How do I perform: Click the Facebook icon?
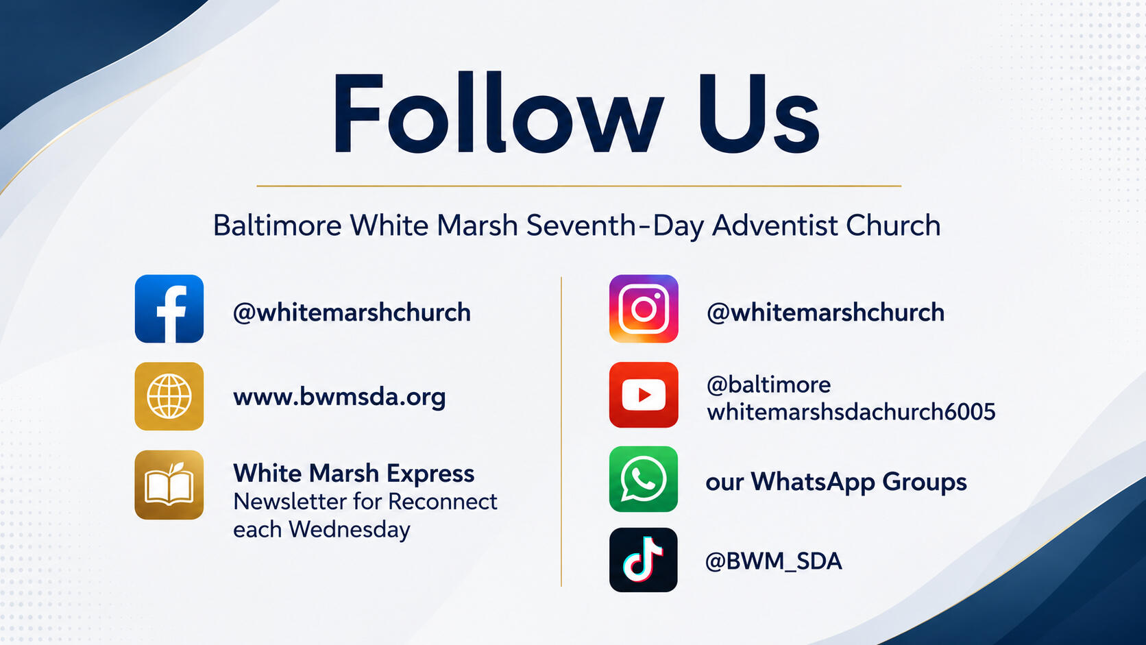(169, 309)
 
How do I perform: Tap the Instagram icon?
(644, 309)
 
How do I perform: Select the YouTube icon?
(644, 395)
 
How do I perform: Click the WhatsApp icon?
(644, 478)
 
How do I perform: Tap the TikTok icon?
(644, 560)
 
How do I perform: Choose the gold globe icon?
(169, 396)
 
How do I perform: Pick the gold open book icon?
(169, 485)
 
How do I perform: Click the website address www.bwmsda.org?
(339, 397)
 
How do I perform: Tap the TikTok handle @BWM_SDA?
(774, 561)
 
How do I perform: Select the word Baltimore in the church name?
(278, 225)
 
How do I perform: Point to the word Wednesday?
(350, 529)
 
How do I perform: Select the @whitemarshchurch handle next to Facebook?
(352, 313)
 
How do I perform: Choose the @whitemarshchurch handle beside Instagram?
(826, 313)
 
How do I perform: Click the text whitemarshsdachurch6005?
(851, 412)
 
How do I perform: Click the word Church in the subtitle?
(893, 225)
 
